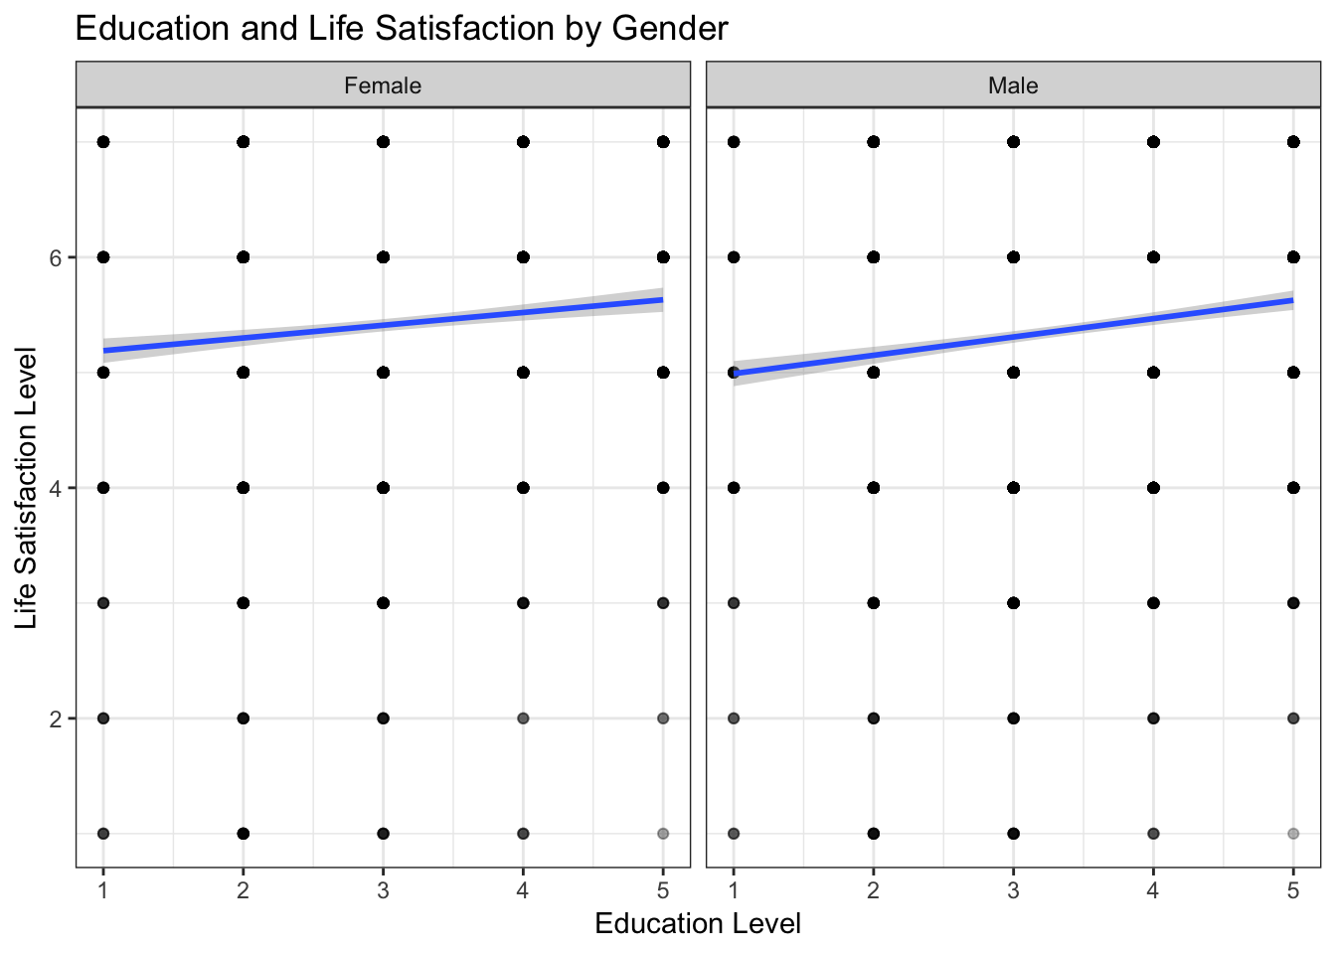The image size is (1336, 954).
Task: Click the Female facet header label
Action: (x=383, y=85)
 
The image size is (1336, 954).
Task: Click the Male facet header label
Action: (x=1013, y=85)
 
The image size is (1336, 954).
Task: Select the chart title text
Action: (x=402, y=28)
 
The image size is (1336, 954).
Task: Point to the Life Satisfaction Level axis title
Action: (x=27, y=487)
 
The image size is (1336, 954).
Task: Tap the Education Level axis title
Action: (x=698, y=924)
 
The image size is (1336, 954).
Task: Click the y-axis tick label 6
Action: (x=56, y=257)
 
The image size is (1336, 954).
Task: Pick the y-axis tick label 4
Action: (x=56, y=488)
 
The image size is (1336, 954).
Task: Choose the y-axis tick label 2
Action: (x=56, y=718)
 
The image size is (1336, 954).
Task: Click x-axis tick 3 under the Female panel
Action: (x=384, y=890)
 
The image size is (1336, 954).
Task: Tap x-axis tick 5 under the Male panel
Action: (x=1293, y=890)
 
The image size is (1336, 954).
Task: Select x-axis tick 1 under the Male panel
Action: (x=734, y=890)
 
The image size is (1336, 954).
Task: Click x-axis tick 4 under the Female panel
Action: (x=523, y=890)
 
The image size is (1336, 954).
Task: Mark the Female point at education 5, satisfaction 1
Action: (x=663, y=833)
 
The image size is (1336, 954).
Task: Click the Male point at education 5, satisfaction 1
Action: (x=1293, y=833)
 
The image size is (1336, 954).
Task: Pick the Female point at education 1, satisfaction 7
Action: (x=103, y=142)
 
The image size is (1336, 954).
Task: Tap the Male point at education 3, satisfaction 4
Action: (x=1014, y=488)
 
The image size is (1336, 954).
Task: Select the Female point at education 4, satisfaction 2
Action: (x=523, y=717)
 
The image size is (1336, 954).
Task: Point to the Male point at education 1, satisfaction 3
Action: (x=734, y=603)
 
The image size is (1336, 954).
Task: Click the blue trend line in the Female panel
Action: (x=384, y=325)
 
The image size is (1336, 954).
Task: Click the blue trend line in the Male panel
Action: (x=1014, y=337)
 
